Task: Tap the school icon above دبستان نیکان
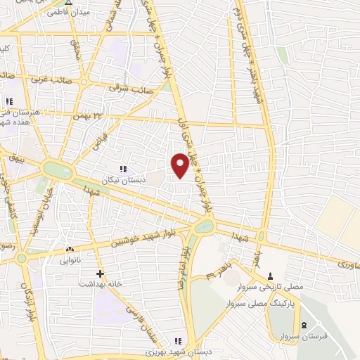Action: click(x=123, y=169)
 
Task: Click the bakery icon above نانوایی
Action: click(x=70, y=250)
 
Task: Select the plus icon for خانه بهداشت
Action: click(x=100, y=273)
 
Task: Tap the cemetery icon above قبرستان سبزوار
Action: click(x=304, y=325)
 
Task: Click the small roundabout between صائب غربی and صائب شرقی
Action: click(x=84, y=82)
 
